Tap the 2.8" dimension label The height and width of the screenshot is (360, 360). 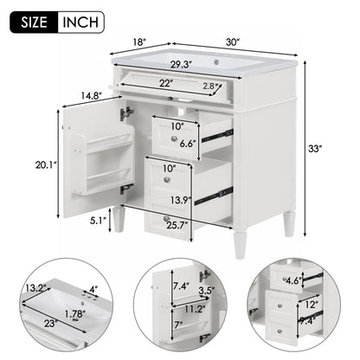(215, 87)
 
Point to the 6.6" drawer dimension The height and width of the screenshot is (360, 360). (188, 143)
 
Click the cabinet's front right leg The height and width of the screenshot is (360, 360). (289, 223)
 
